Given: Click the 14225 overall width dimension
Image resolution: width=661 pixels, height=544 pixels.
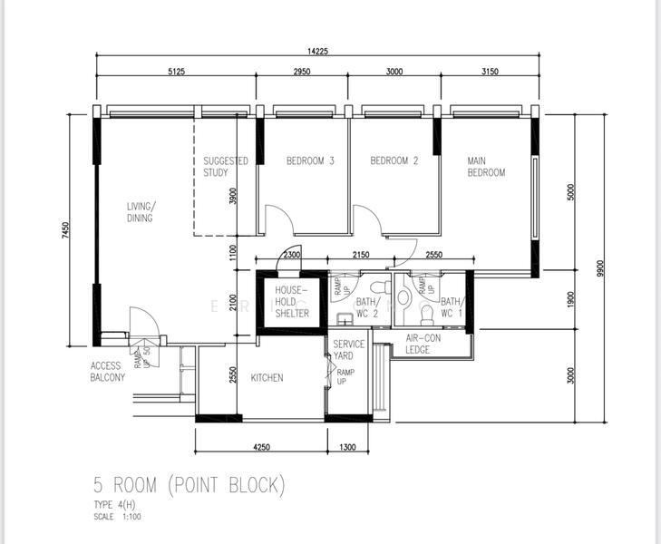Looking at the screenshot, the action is point(317,52).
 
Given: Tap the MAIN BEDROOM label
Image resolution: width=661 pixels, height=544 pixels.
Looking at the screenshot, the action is point(486,167).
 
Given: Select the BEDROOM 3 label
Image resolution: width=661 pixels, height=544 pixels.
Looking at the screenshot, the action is point(310,160).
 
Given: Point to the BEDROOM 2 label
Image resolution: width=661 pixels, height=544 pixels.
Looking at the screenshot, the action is point(394,160).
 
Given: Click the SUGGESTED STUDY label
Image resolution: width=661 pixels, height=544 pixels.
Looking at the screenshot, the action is point(226,167).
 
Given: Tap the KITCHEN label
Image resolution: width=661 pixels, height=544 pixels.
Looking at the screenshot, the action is point(267,377).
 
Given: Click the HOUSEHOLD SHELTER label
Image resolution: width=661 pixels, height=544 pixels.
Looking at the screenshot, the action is point(292,301).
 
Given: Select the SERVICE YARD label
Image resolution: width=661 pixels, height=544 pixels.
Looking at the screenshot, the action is point(348,350).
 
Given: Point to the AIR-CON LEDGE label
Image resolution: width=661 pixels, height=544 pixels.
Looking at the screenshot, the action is point(423,344).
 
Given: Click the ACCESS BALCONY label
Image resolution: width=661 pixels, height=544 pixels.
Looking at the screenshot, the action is point(108,372).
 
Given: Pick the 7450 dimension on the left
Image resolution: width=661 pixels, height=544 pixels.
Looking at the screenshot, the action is point(65,230).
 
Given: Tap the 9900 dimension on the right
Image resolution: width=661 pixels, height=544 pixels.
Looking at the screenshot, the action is point(600,268).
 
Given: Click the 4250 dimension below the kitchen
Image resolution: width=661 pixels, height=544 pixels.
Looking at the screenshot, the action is point(261,447).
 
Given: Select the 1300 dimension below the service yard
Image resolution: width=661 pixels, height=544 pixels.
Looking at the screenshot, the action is point(347,447).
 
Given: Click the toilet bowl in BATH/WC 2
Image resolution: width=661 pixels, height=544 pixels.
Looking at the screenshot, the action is point(382,287).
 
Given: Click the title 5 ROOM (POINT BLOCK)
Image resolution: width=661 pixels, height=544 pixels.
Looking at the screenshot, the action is point(190,484).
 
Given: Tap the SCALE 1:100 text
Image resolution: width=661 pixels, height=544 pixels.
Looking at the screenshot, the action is point(117,517).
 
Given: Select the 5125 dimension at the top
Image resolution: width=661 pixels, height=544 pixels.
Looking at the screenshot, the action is point(176,72).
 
